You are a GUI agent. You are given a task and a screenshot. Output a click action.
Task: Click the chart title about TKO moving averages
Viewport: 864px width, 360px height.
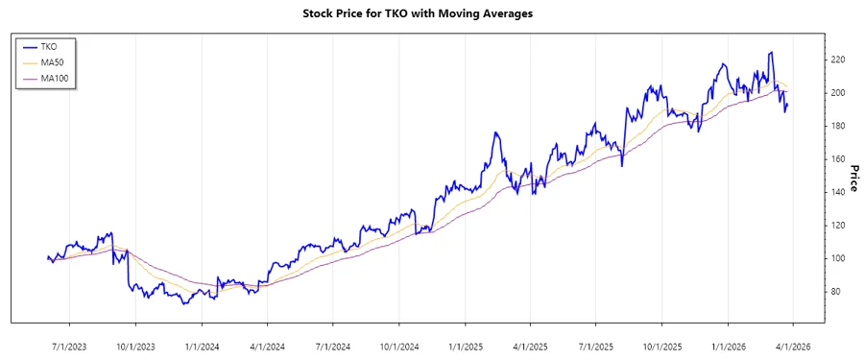click(431, 13)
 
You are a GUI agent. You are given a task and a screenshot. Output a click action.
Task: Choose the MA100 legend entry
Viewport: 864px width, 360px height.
click(55, 78)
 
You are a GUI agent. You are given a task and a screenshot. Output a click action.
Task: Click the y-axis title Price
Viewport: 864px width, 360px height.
click(853, 179)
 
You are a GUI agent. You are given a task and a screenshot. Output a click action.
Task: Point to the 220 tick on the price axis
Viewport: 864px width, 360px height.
click(837, 60)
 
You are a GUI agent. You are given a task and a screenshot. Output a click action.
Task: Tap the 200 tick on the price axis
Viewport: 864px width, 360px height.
click(837, 93)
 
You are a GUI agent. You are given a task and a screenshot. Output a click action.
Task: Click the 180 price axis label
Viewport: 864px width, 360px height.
click(837, 126)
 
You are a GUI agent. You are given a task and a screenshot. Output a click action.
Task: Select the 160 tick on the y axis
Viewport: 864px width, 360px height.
click(837, 159)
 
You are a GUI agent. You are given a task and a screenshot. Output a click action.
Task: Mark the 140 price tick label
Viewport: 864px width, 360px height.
click(837, 192)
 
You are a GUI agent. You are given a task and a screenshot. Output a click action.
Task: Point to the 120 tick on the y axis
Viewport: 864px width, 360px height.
click(837, 226)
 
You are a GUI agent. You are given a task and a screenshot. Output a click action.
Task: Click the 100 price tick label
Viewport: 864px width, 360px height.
click(837, 258)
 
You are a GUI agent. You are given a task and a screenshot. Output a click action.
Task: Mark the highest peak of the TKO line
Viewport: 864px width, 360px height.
click(771, 52)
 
